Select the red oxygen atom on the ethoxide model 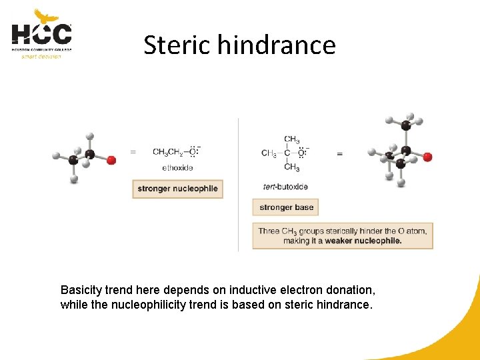(x=111, y=160)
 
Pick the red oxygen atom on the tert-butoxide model (x=427, y=157)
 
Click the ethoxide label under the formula (x=177, y=167)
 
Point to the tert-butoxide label (x=286, y=187)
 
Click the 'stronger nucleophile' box (x=177, y=189)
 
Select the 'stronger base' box (x=286, y=207)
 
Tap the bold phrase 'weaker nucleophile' (x=363, y=241)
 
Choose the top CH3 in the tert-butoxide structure (x=292, y=139)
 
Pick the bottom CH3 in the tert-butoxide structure (x=292, y=167)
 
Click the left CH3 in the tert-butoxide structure (x=269, y=153)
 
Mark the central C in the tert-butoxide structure (x=287, y=153)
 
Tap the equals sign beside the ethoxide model (x=133, y=152)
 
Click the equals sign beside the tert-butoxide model (x=340, y=154)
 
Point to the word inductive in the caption (x=251, y=290)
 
